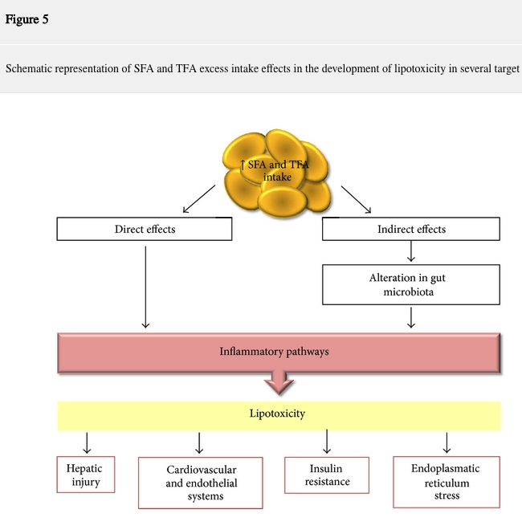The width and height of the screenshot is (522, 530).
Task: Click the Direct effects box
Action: point(145,230)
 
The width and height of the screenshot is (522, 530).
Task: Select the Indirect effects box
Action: point(411,230)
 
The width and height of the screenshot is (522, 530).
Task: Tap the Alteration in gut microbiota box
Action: point(411,285)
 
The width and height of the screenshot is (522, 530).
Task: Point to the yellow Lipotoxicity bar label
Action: point(278,414)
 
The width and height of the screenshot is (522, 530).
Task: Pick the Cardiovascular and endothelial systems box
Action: point(201,483)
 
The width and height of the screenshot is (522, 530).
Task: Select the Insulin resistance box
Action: point(328,475)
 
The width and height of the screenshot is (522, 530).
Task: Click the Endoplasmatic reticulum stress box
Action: point(447,482)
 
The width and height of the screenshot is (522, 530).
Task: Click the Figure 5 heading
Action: point(27,20)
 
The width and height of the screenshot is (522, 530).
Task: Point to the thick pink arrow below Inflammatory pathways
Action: point(279,381)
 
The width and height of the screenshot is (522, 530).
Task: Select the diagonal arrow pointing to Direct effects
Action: point(200,198)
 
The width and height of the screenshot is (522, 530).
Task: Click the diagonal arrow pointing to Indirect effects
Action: point(356,199)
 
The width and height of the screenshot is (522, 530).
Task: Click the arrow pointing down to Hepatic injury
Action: point(86,442)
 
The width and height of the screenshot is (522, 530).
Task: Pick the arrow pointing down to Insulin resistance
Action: point(328,442)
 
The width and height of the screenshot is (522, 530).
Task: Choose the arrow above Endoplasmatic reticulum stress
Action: point(447,442)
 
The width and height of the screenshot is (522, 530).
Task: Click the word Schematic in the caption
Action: point(31,67)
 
